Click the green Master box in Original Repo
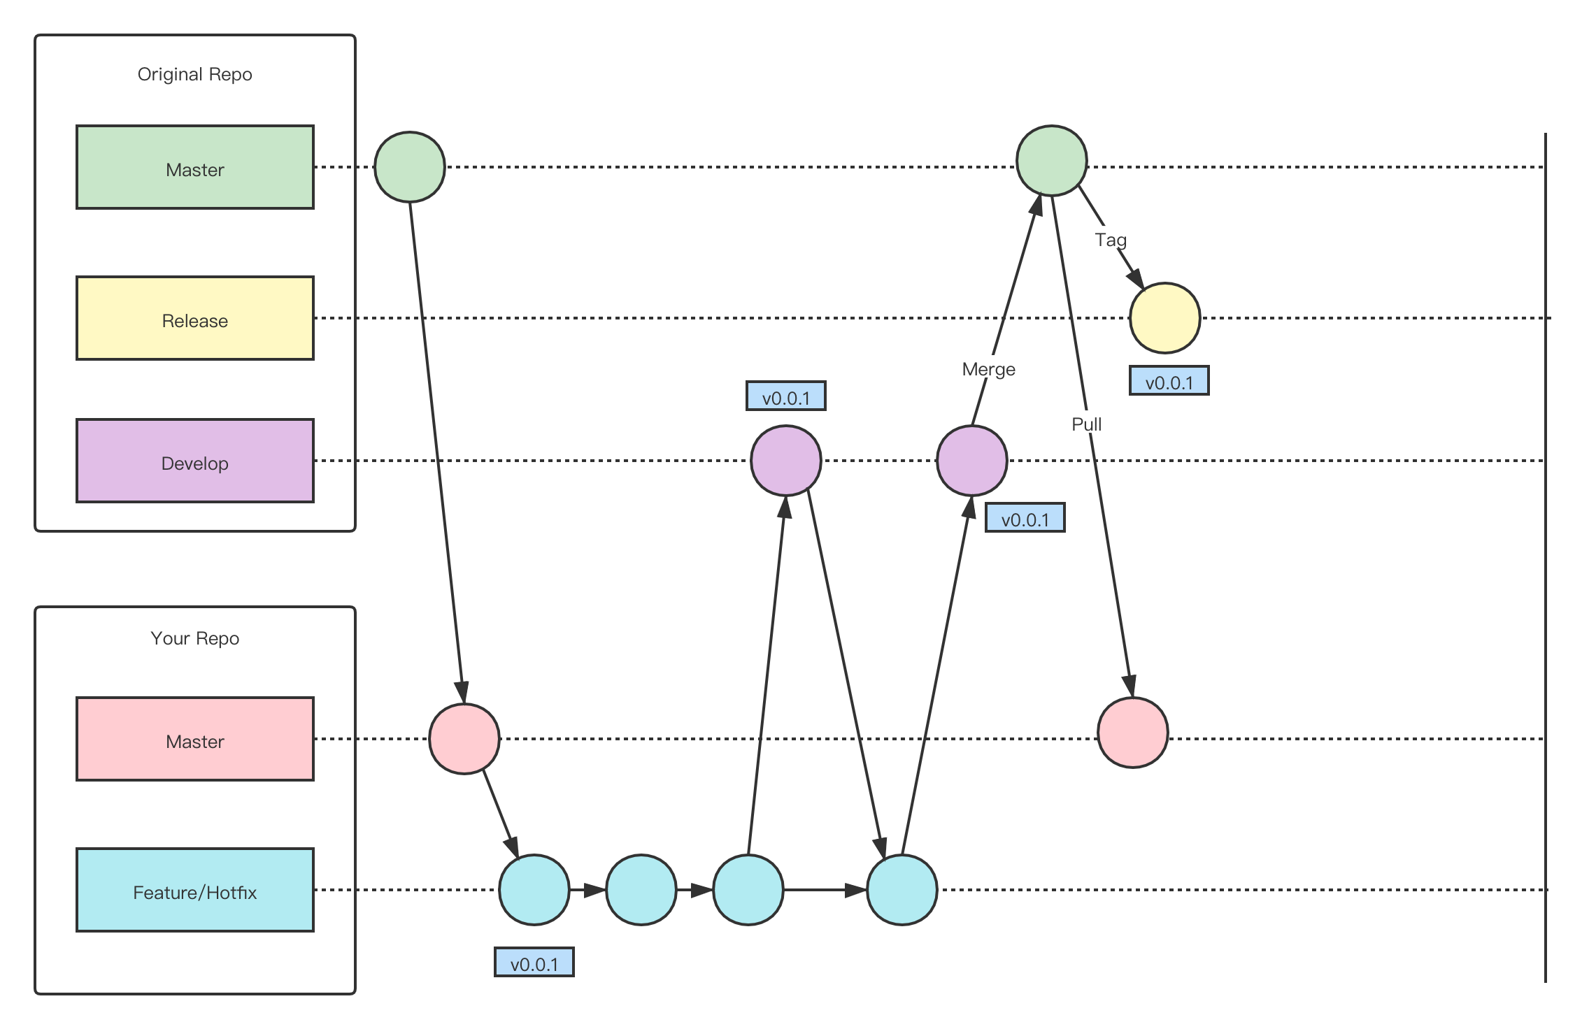tap(194, 167)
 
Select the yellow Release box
tap(194, 318)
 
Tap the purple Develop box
tap(194, 461)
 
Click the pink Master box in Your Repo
tap(194, 739)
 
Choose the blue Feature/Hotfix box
tap(194, 890)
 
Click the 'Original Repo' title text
tap(194, 74)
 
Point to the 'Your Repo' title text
tap(194, 638)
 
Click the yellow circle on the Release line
tap(1164, 318)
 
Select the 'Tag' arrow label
tap(1111, 240)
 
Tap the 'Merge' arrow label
tap(988, 368)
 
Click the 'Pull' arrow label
tap(1087, 424)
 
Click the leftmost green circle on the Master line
tap(410, 167)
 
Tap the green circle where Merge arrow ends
tap(1051, 161)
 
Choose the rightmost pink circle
tap(1132, 733)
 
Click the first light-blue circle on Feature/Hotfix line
tap(534, 890)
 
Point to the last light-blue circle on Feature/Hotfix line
tap(902, 890)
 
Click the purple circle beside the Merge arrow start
tap(971, 461)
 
